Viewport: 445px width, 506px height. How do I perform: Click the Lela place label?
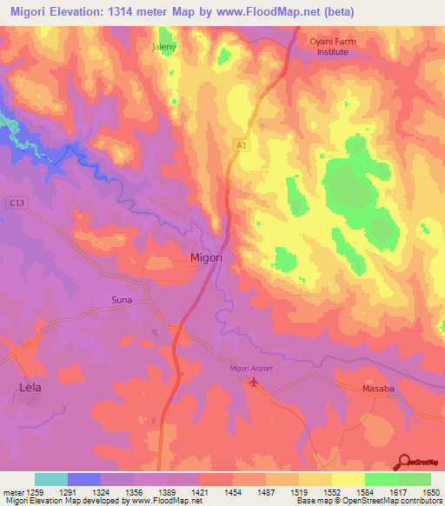(x=30, y=387)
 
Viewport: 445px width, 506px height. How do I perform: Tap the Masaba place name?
(x=379, y=390)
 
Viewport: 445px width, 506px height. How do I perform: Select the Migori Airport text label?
(x=251, y=369)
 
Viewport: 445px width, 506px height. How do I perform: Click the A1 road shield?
(x=241, y=148)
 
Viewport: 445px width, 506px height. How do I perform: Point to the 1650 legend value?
(x=432, y=492)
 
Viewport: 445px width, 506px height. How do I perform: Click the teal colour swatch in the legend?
(x=51, y=479)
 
